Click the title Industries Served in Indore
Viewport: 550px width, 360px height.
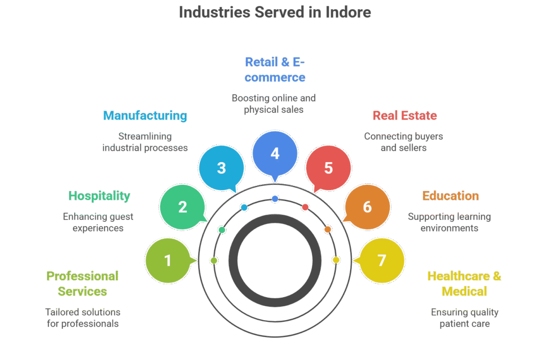click(274, 12)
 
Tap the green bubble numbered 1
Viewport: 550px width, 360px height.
click(168, 261)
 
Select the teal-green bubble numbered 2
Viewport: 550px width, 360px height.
click(183, 207)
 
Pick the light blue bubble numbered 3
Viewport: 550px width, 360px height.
click(221, 168)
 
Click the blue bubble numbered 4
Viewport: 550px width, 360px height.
click(275, 154)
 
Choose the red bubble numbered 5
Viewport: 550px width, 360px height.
click(328, 168)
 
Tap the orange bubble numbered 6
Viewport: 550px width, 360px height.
click(367, 207)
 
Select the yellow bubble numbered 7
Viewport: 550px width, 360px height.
click(381, 261)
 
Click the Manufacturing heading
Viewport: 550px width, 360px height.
click(145, 116)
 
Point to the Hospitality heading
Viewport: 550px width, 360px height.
click(99, 196)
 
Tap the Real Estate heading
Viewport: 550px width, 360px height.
click(404, 116)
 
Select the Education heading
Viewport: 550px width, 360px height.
click(450, 196)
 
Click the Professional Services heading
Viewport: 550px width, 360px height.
click(83, 284)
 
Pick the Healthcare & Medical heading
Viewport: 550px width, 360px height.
click(464, 284)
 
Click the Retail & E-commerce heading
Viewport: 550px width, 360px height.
click(274, 69)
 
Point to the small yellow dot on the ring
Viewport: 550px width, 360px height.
click(336, 260)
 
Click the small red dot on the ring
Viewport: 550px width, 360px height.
click(306, 207)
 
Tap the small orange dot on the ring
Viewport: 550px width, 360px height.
click(328, 230)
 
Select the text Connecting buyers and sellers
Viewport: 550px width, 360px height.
click(403, 142)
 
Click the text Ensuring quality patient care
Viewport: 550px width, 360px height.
click(465, 318)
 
